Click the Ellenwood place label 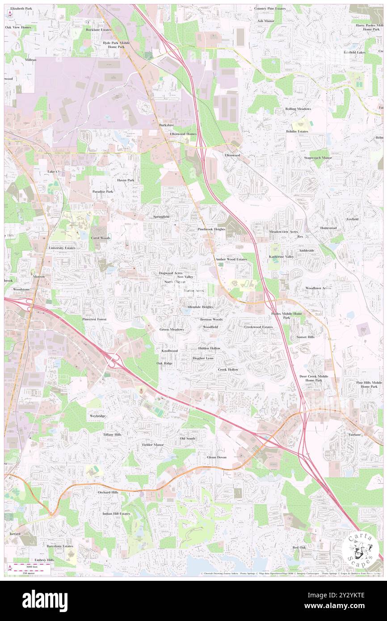(x=232, y=155)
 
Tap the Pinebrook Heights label (x=211, y=229)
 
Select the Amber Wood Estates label (x=231, y=259)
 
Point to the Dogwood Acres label (x=171, y=273)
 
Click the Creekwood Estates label (x=258, y=327)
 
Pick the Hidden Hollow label (x=209, y=348)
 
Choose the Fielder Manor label (x=153, y=445)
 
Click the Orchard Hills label (x=108, y=492)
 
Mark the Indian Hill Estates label (x=116, y=514)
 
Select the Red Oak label (x=299, y=547)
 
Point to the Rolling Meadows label (x=298, y=109)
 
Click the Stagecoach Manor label (x=318, y=158)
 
